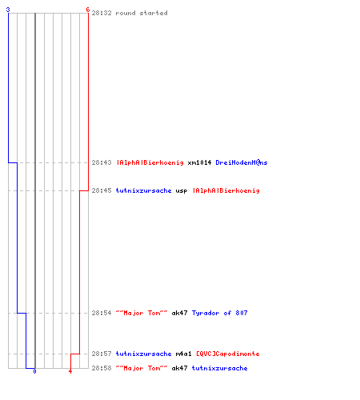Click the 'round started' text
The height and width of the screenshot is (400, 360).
click(142, 13)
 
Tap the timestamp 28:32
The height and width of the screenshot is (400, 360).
click(102, 13)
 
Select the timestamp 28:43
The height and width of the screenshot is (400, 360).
click(102, 162)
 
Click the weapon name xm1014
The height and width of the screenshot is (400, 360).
click(199, 162)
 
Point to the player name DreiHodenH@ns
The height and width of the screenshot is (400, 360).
click(242, 162)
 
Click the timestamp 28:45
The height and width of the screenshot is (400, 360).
click(102, 190)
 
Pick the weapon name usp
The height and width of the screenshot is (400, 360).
click(182, 191)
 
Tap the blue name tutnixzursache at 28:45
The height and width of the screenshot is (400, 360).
click(143, 190)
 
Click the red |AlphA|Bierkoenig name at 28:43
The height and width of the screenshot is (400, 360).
click(150, 162)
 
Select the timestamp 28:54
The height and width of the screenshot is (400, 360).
click(102, 313)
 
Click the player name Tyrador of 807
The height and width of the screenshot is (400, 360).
click(219, 313)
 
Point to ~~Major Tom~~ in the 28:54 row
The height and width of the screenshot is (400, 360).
click(142, 313)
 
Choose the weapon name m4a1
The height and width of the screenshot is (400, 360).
click(183, 354)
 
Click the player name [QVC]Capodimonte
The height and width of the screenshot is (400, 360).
click(228, 354)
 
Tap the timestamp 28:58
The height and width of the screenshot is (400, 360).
click(102, 368)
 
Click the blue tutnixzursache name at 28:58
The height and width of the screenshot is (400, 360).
click(219, 368)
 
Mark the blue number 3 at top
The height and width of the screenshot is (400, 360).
click(8, 10)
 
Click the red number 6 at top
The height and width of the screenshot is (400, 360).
click(88, 10)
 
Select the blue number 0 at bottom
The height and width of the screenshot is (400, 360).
click(34, 371)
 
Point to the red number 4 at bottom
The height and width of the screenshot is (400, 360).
click(70, 371)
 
